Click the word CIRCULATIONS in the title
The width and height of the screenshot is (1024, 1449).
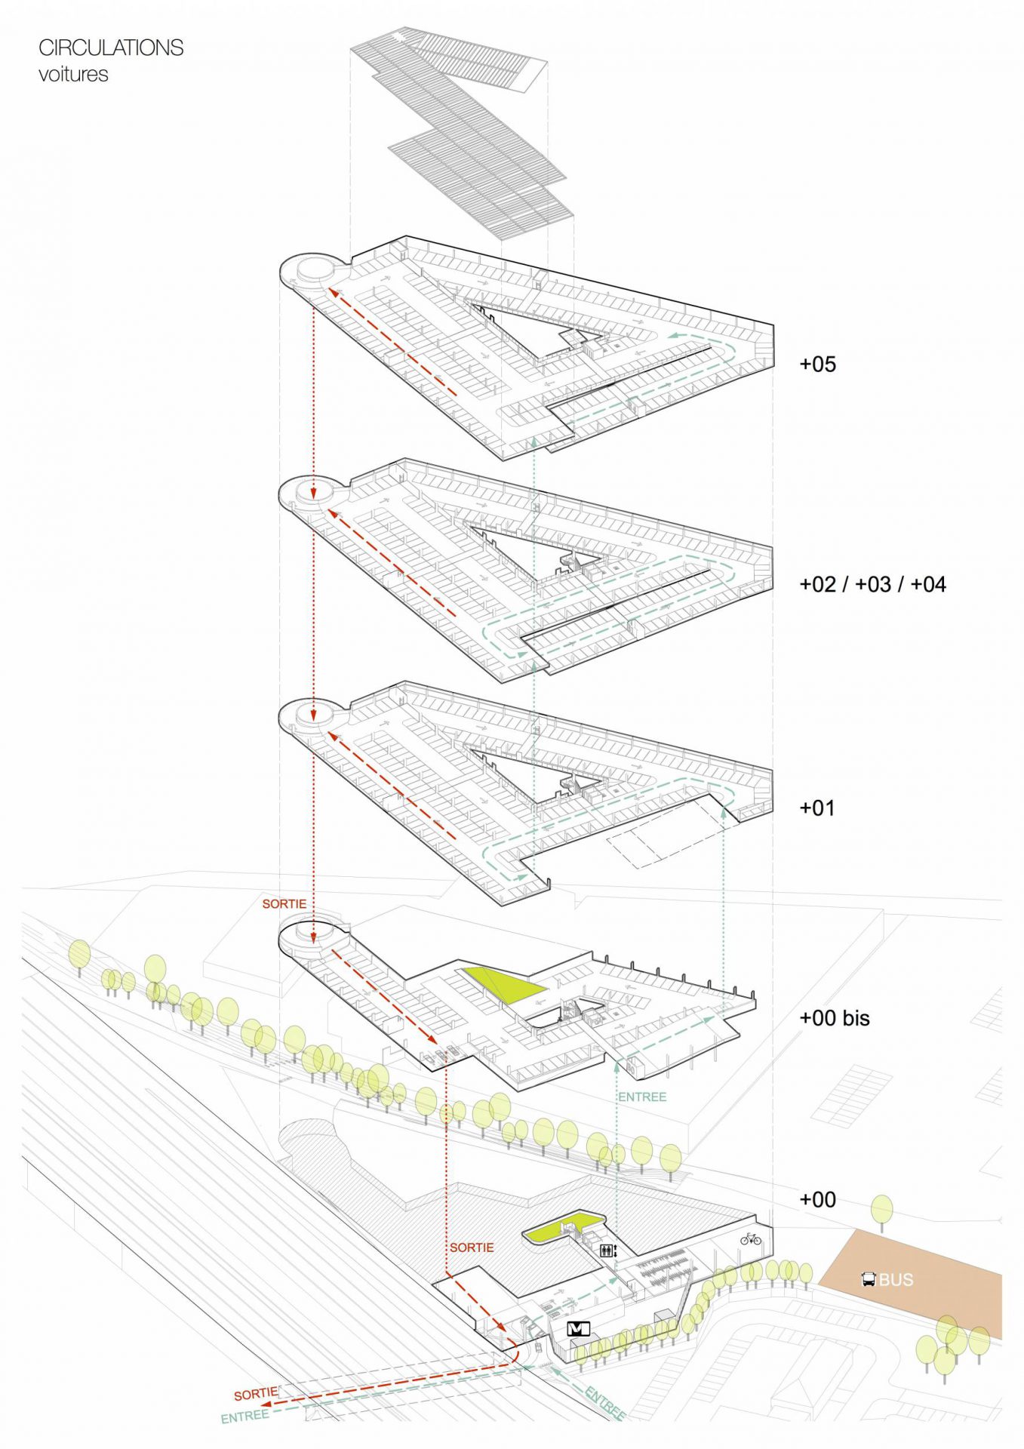(111, 48)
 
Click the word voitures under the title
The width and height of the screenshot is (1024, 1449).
(73, 74)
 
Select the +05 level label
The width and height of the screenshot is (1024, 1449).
(818, 365)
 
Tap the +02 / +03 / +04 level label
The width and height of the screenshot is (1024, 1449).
(872, 584)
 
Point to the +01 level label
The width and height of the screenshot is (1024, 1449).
(817, 808)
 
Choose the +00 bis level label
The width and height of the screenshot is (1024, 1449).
(835, 1018)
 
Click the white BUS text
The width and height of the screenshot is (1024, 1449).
(896, 1279)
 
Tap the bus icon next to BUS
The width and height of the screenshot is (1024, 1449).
(869, 1279)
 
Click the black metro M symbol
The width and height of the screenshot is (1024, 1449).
(579, 1328)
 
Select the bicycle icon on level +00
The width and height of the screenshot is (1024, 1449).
(750, 1238)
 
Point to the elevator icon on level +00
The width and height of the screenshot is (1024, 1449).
(607, 1251)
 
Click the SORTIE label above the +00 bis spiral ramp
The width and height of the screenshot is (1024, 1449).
(284, 903)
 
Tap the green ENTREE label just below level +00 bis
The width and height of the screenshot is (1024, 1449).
(642, 1097)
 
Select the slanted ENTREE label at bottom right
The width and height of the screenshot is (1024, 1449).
(604, 1403)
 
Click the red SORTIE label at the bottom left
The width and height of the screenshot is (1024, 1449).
(256, 1393)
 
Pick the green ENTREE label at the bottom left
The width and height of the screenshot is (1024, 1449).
(244, 1417)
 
